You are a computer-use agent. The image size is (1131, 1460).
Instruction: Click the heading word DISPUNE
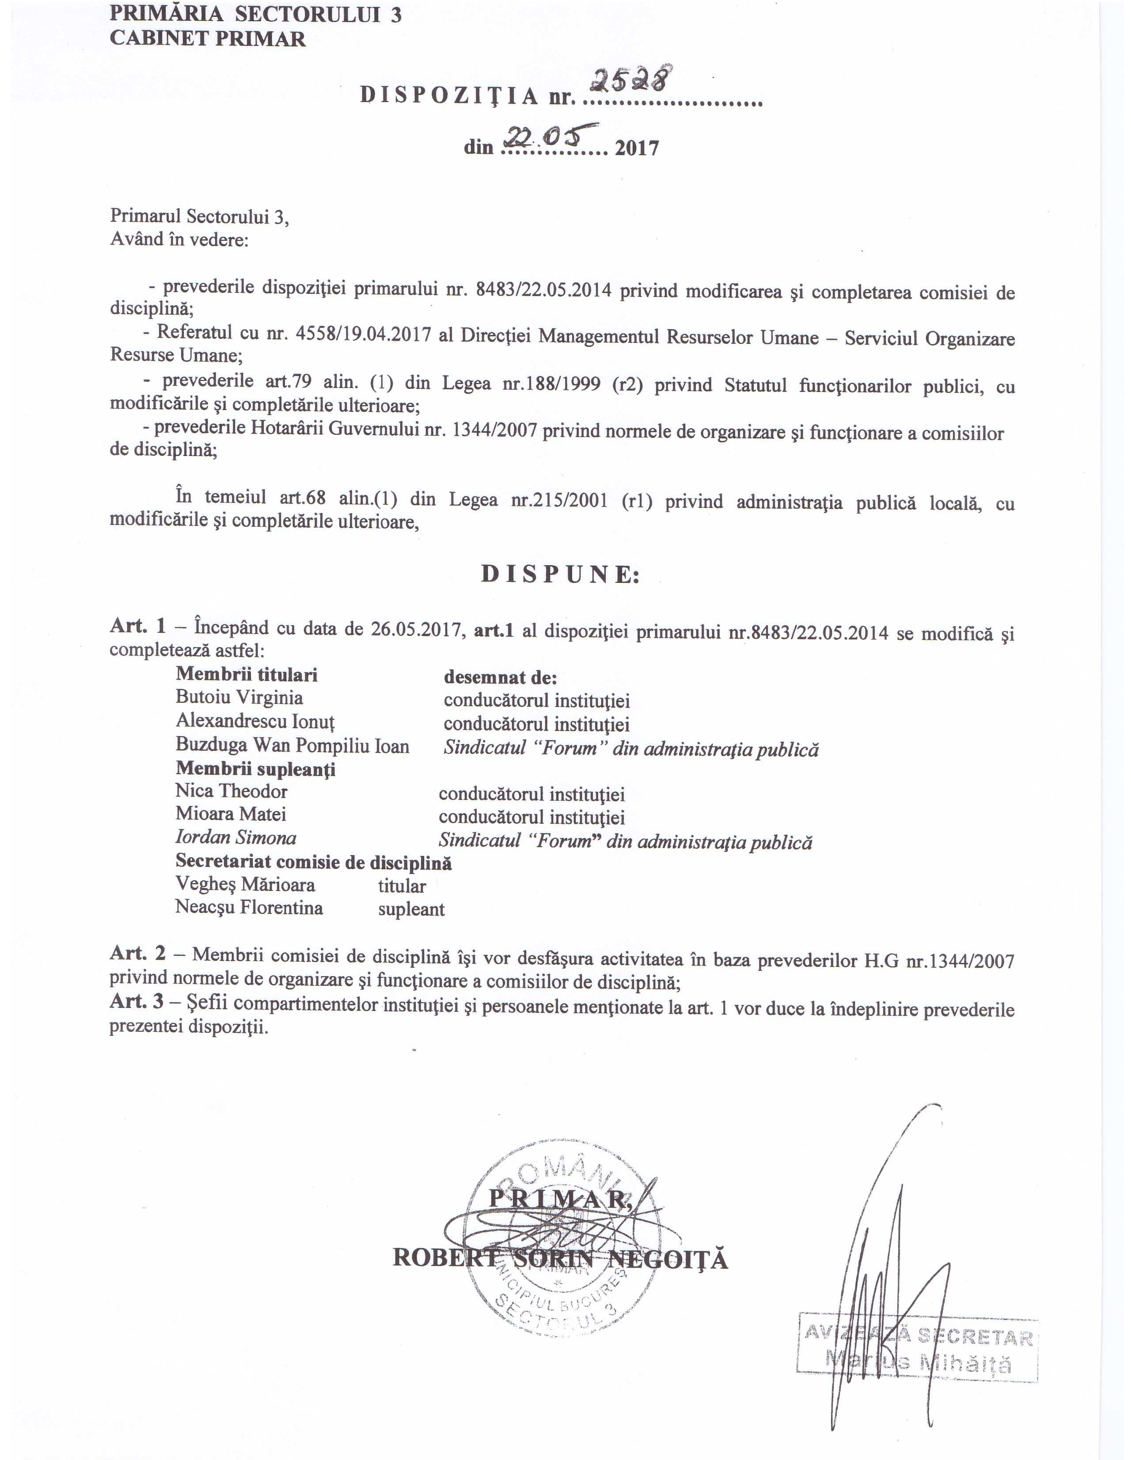pos(560,574)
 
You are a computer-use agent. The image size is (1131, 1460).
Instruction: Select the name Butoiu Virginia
pos(239,697)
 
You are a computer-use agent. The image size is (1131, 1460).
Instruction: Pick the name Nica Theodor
pos(231,791)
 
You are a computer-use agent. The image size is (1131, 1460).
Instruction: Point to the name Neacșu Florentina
pos(249,907)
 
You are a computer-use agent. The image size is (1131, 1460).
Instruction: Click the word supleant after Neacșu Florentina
pos(411,909)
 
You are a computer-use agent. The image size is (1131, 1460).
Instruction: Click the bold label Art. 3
pos(137,1001)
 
